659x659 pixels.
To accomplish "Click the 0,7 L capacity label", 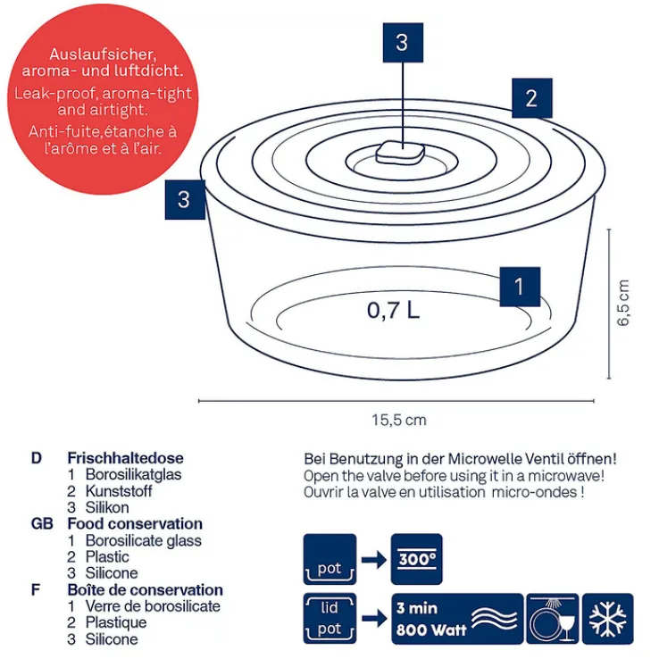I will click(393, 311).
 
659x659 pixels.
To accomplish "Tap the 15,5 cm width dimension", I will click(399, 420).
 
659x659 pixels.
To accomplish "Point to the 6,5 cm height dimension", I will click(623, 304).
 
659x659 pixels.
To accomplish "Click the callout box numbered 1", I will click(520, 287).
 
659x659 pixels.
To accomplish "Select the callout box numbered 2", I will click(531, 98).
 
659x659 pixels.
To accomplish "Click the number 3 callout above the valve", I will click(402, 42).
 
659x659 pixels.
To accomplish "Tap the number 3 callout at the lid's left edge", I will click(184, 198).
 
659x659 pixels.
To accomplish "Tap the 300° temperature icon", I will click(417, 560).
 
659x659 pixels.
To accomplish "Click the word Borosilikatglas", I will click(133, 474).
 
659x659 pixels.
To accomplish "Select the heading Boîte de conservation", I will click(145, 590).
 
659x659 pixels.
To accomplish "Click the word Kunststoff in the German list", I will click(119, 491).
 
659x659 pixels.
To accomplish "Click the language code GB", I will click(42, 524).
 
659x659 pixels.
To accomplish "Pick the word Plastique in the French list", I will click(116, 622).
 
